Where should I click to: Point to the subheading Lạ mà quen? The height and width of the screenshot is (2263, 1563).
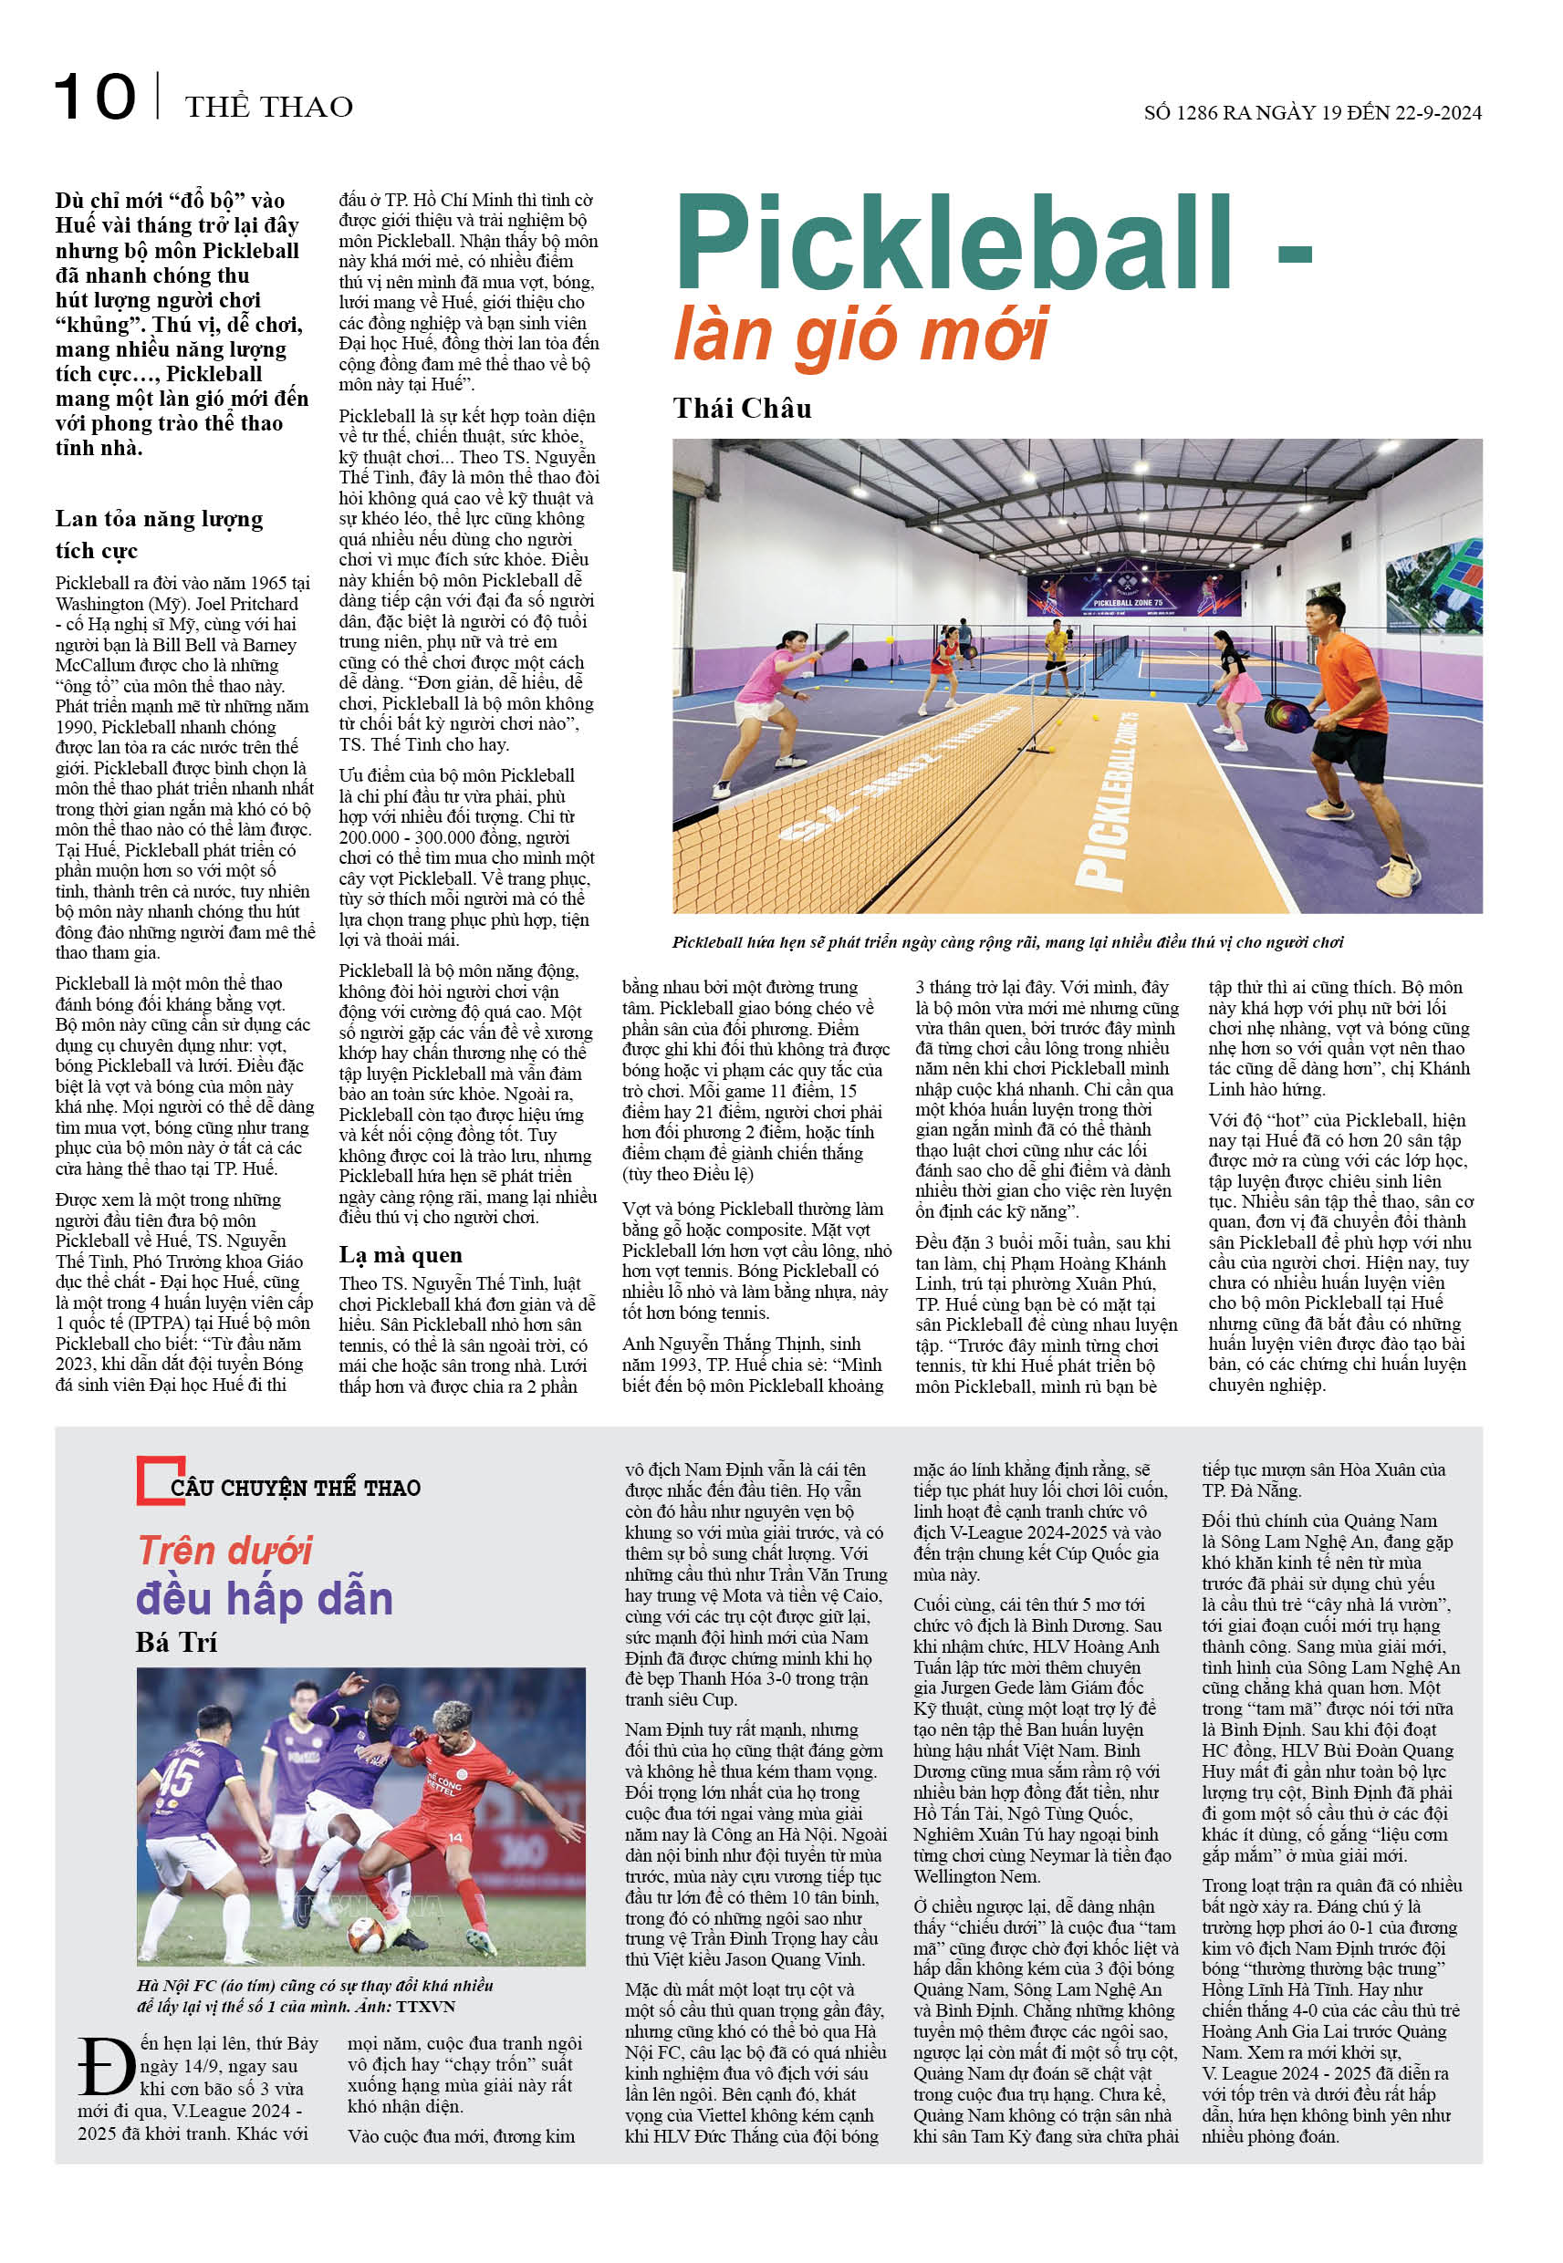(400, 1255)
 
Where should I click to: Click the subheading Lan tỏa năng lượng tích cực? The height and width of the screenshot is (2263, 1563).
(159, 534)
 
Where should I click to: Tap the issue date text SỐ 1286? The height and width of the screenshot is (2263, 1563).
(1180, 112)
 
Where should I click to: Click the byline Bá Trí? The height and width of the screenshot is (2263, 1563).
(176, 1642)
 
